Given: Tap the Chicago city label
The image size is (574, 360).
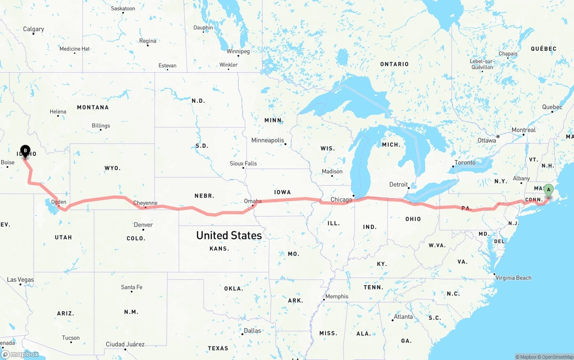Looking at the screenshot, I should (341, 200).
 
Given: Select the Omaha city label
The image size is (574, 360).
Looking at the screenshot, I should (252, 201).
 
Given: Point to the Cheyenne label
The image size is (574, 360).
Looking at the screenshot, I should (145, 203).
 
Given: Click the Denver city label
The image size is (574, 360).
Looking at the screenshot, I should (143, 225).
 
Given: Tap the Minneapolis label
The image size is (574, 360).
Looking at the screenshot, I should (268, 140).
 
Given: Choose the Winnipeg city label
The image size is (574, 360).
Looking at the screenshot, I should (238, 52).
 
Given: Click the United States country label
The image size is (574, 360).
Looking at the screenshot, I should (229, 235).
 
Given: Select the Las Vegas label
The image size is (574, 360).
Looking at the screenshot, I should (20, 280).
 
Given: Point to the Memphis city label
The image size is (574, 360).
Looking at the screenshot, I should (337, 296).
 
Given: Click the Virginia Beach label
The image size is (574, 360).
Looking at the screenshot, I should (513, 278).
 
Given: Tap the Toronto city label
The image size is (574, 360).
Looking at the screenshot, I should (465, 163).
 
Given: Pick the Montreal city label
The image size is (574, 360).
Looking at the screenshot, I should (523, 130).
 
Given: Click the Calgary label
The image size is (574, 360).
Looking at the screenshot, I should (34, 29).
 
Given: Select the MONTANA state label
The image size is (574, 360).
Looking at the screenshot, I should (93, 108).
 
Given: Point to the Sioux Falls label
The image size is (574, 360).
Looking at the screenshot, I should (243, 164).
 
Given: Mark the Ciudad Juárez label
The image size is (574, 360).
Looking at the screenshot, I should (125, 344).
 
